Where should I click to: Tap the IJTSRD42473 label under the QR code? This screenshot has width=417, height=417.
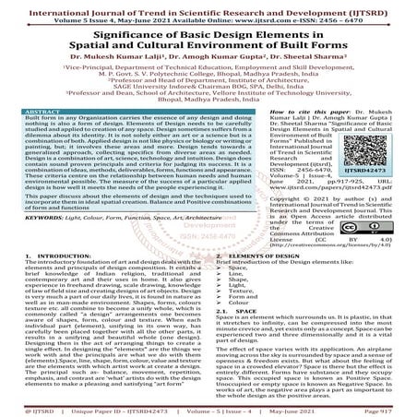(x=381, y=171)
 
